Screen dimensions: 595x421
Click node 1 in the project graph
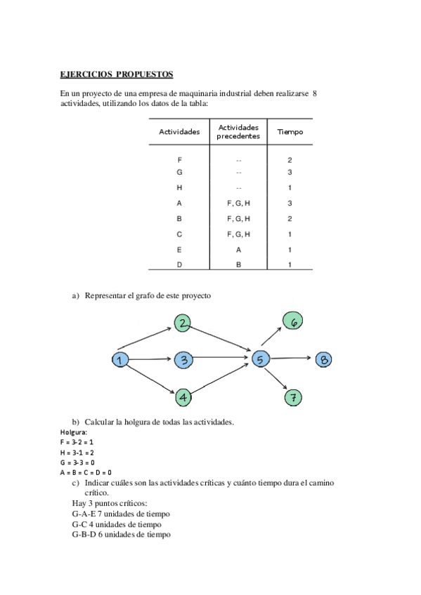(119, 360)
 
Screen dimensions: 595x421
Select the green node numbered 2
(183, 323)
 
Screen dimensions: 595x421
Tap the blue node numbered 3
(183, 360)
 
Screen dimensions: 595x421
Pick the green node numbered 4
(183, 398)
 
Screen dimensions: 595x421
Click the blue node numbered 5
(260, 360)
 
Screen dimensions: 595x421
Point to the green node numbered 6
(294, 321)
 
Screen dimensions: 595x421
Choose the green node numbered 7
(294, 398)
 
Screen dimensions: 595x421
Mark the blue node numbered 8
(323, 360)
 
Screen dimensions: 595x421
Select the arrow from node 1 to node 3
(151, 360)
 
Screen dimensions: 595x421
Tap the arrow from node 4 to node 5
(221, 380)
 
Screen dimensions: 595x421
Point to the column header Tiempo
(290, 132)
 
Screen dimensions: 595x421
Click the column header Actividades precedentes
(238, 132)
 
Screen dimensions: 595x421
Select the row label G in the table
(180, 173)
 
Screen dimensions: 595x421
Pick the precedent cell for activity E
(238, 250)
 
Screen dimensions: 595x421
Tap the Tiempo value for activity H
(290, 188)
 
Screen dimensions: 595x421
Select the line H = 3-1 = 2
(77, 453)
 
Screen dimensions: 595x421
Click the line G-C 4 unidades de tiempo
(116, 524)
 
